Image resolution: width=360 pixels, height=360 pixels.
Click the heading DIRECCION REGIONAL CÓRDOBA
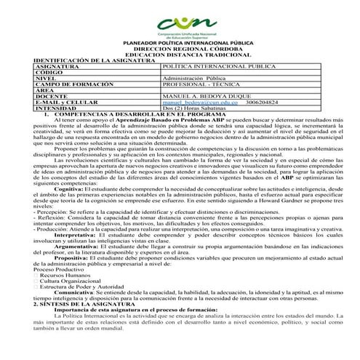[179, 48]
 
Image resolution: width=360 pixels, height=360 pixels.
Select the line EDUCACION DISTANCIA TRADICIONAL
[179, 54]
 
